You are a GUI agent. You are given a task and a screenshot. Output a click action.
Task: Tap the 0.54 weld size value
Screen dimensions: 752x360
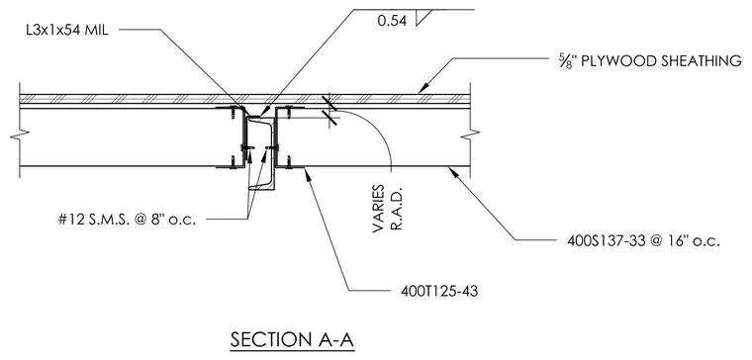pos(392,21)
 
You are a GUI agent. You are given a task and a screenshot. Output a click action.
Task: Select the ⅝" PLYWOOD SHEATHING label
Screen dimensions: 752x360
pos(650,61)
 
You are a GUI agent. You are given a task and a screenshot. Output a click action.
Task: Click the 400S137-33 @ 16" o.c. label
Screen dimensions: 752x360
pos(643,240)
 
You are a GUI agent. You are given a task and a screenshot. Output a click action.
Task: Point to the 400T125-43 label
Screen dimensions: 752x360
pos(439,291)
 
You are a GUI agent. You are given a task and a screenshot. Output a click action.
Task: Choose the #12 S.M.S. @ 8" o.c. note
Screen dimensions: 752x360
pos(127,220)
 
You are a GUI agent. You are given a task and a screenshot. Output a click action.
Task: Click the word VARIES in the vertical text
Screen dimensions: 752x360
pos(379,209)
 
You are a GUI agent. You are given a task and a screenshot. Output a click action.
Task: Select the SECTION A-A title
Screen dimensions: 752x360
pos(292,339)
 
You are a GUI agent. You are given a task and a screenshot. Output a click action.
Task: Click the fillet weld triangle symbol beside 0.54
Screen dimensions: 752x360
pos(423,17)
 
